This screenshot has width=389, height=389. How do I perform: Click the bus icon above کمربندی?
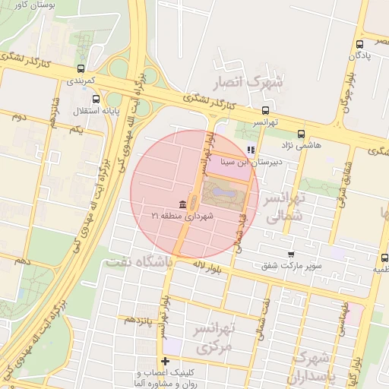(x=81, y=68)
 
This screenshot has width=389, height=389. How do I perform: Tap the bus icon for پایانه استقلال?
(x=96, y=99)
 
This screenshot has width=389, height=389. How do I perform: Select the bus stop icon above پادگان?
(x=359, y=45)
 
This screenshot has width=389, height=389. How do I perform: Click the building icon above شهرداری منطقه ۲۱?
(x=182, y=205)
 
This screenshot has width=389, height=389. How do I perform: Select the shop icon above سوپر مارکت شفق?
(x=291, y=255)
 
